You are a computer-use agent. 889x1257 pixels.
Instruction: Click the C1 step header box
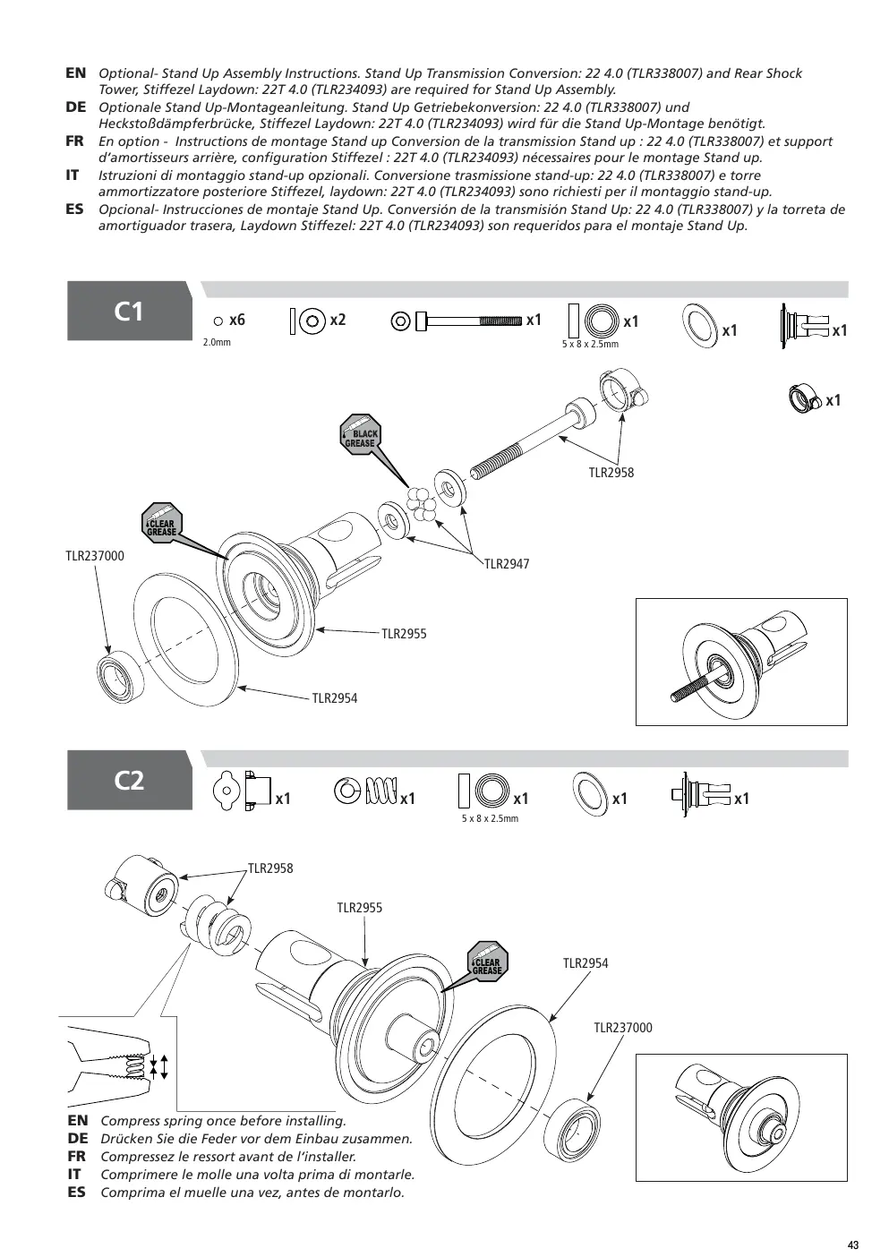point(129,311)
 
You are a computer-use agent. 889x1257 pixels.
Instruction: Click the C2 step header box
point(129,780)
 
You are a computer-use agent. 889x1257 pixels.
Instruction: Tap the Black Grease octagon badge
point(360,434)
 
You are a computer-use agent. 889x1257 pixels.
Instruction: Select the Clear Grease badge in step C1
point(161,523)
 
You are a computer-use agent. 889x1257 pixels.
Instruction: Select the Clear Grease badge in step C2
point(487,962)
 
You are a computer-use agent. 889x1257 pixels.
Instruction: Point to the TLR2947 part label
point(507,564)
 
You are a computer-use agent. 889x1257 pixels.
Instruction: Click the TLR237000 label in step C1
point(95,556)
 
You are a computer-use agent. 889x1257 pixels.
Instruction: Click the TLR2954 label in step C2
point(586,963)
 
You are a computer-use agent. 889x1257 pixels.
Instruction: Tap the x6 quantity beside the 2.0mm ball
point(237,320)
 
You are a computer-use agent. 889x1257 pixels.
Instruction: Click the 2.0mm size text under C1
point(217,342)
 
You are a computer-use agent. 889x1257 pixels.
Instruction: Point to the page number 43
point(853,1245)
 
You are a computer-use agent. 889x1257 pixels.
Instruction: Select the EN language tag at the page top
point(76,73)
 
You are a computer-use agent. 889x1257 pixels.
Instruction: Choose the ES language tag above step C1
point(74,209)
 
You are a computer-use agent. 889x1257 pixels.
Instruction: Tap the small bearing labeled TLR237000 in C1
point(120,674)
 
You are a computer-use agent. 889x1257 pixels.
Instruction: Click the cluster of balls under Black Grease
point(422,503)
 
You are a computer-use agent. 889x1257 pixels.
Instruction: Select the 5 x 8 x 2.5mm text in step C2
point(490,818)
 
